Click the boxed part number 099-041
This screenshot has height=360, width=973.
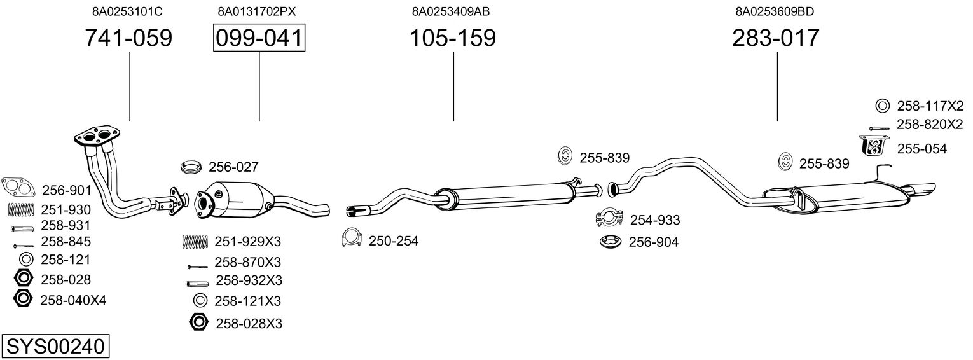click(259, 38)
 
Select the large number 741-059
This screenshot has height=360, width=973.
click(128, 38)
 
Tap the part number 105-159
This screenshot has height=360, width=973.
click(452, 38)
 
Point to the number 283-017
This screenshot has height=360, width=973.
click(776, 38)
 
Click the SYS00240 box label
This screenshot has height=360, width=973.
click(55, 347)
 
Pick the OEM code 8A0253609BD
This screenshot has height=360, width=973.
click(775, 11)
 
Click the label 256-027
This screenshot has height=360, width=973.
click(233, 167)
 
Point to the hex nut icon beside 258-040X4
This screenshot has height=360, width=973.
click(23, 298)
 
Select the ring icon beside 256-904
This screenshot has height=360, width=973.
click(611, 242)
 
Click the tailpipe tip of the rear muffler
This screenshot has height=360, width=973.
click(923, 190)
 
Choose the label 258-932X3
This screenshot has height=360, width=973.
click(249, 280)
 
